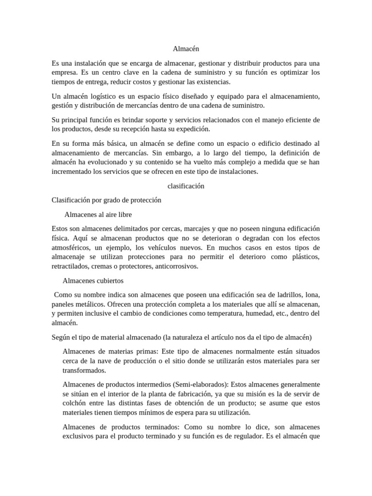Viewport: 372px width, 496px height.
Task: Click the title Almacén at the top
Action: pos(186,49)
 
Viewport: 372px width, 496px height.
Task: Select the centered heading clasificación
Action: pos(186,186)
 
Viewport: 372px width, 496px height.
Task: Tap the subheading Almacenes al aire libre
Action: pos(98,214)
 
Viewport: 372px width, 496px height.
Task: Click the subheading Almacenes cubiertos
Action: pos(93,280)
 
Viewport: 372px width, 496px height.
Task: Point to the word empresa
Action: pos(65,73)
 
